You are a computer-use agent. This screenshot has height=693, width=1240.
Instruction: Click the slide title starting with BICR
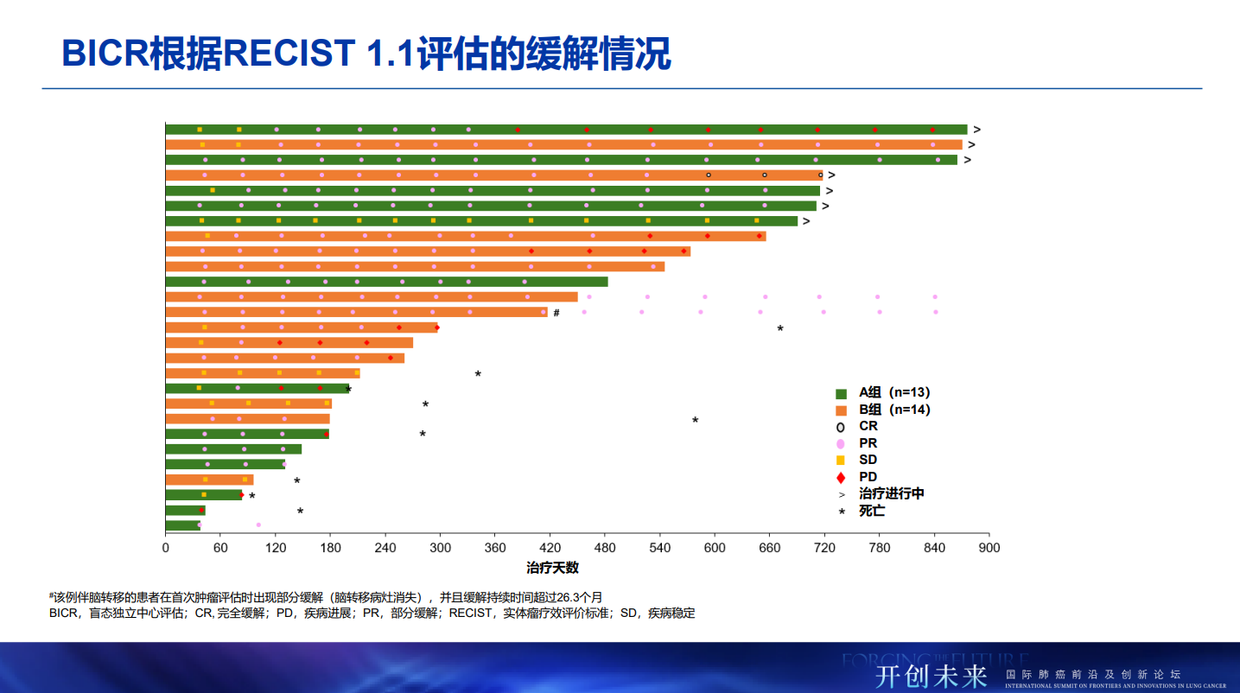coord(366,54)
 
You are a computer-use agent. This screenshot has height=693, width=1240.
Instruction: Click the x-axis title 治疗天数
coord(552,568)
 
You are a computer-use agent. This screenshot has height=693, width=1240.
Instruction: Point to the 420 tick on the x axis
coord(550,548)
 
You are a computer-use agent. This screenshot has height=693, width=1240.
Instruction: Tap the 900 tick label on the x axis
coord(989,548)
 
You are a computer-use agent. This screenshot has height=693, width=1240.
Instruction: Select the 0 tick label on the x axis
coord(166,548)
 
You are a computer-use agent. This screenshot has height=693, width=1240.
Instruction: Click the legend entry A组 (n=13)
coord(893,392)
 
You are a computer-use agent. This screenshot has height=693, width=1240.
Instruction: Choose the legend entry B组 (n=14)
coord(893,410)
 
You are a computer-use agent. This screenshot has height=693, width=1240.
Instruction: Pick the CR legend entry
coord(868,426)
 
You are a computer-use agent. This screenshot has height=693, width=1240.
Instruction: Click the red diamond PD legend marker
coord(841,477)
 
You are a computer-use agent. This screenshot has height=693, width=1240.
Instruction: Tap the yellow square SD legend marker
coord(841,460)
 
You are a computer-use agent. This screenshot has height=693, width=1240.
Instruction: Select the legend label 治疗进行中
coord(891,493)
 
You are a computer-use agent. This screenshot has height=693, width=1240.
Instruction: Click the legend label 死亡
coord(871,511)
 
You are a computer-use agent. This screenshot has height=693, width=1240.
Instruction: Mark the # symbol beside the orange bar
coord(556,313)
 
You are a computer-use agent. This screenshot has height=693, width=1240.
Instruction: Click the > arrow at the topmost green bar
coord(976,130)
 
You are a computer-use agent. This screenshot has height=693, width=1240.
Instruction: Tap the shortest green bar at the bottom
coord(182,525)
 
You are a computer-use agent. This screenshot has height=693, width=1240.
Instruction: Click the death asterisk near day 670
coord(780,329)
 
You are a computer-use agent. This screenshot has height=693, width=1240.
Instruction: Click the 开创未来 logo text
coord(931,675)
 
